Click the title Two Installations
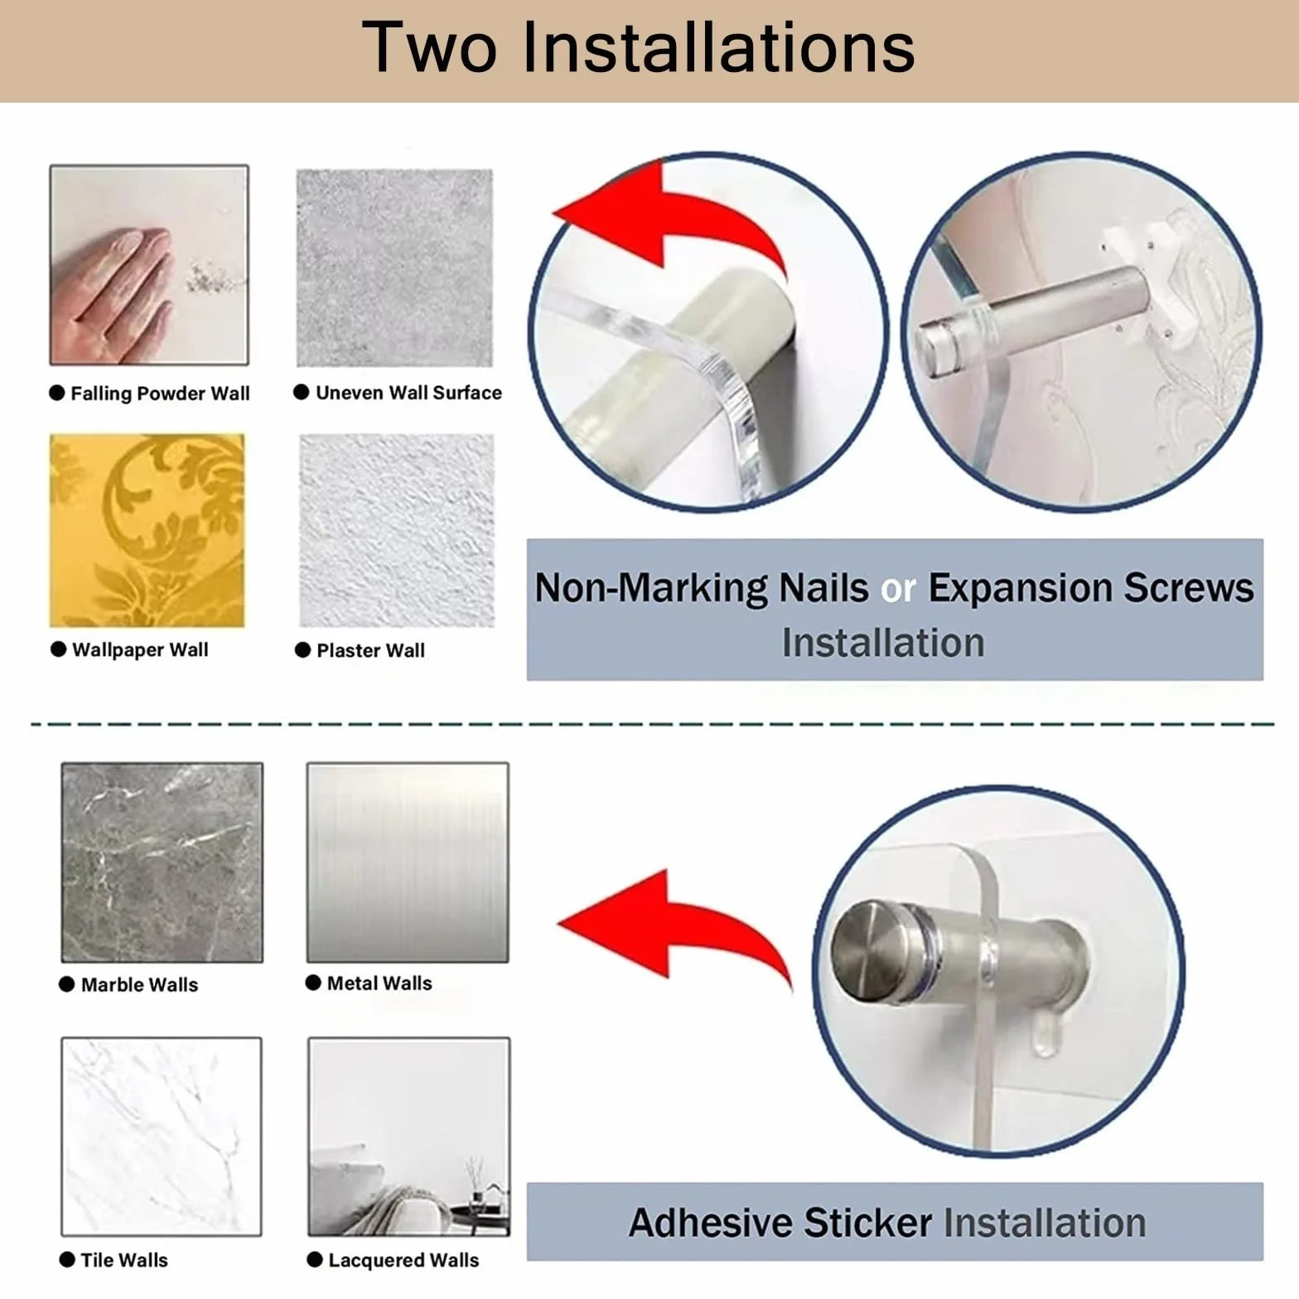pos(639,47)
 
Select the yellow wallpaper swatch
pos(147,530)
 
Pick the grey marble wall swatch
pos(162,862)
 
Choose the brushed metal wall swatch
pos(408,862)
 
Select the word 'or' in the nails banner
pos(898,588)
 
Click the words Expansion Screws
pos(1090,588)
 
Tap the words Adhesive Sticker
pos(780,1223)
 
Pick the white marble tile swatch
pos(162,1137)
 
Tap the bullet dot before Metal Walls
pos(313,983)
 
